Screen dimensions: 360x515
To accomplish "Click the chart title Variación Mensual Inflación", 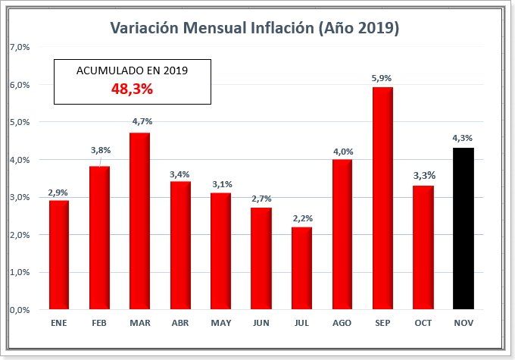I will tap(254, 28).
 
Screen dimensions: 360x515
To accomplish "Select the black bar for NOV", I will tap(463, 228).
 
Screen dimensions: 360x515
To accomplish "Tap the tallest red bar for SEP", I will tap(382, 198).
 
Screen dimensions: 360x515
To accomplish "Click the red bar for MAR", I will tap(140, 221).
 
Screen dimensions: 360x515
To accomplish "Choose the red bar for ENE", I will tap(59, 255).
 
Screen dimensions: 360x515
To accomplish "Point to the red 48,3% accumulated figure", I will tap(132, 89).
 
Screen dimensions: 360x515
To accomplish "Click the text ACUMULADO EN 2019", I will tap(132, 70).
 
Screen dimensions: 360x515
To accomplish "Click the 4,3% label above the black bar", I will tap(463, 137).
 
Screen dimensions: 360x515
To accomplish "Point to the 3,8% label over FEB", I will tap(99, 150).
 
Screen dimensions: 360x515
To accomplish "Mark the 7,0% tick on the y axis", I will tap(19, 47).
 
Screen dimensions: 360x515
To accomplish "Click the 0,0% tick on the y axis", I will tap(19, 309).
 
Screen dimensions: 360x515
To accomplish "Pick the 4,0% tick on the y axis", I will tap(19, 160).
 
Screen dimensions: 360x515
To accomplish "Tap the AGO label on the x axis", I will tap(342, 324).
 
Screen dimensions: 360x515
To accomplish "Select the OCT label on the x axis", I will tap(423, 324).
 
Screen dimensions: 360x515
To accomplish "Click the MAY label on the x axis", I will tap(220, 324).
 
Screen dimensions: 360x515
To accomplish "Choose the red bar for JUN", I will tap(261, 258).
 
